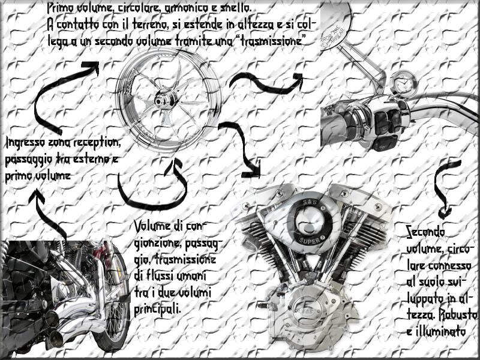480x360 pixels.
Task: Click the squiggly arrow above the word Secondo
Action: (x=443, y=189)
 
